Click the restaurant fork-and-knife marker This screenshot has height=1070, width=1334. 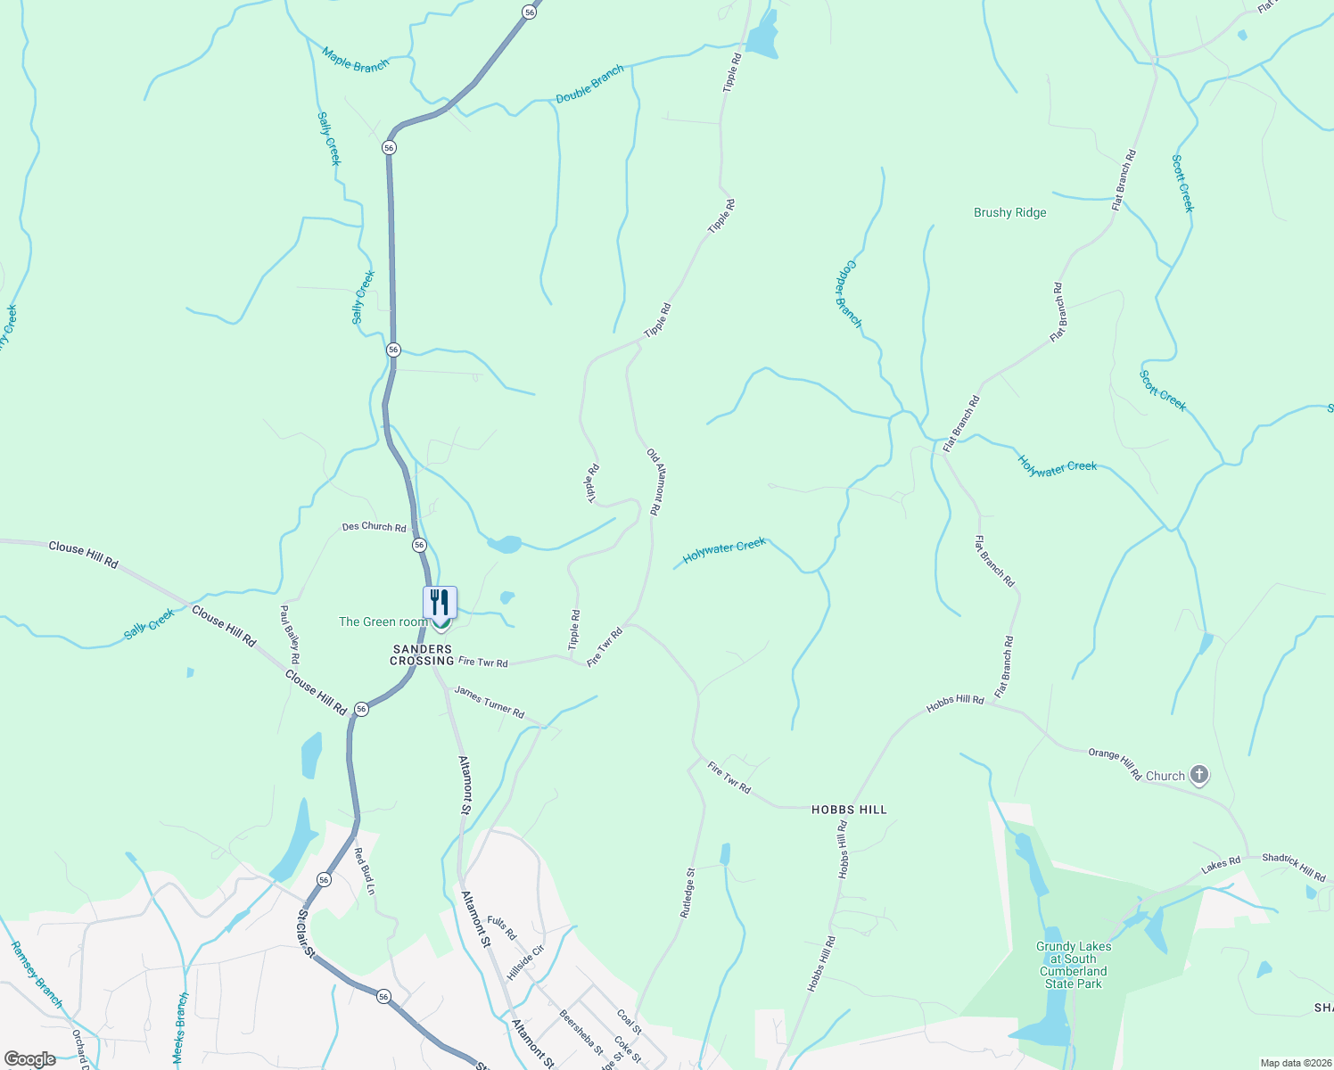440,603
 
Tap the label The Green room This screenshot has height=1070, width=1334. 383,621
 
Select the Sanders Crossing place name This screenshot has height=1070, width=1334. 422,655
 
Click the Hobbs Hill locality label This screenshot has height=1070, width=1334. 849,810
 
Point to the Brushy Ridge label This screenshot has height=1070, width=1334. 1009,212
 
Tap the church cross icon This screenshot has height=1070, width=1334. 1199,776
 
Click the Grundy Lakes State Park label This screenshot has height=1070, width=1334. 1074,965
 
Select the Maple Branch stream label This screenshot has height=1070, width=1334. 356,60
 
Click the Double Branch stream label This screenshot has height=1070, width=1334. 589,85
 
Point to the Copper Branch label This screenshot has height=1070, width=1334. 848,294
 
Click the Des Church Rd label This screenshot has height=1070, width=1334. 374,527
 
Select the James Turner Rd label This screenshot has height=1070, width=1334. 489,701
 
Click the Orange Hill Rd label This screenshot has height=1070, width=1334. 1115,764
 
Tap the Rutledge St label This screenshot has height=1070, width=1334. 688,893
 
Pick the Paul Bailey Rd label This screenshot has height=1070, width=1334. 289,634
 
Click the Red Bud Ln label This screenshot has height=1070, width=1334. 364,871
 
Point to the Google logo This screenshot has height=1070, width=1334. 30,1059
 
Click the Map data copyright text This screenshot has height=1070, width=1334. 1295,1063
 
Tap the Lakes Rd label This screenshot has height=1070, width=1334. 1221,865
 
